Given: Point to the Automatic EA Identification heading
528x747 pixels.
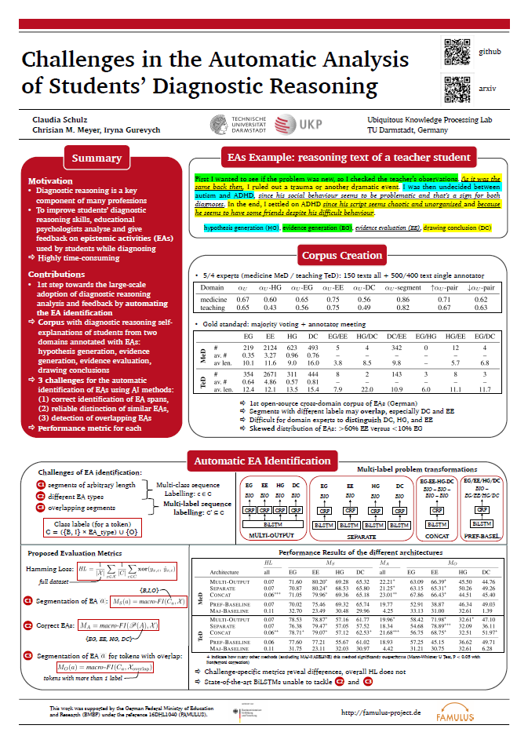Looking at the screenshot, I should pyautogui.click(x=263, y=461).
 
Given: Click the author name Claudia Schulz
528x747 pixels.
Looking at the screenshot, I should pyautogui.click(x=49, y=119).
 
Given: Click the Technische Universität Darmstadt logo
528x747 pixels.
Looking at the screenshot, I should pyautogui.click(x=239, y=123).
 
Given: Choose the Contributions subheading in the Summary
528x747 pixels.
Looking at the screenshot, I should pyautogui.click(x=56, y=274).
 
